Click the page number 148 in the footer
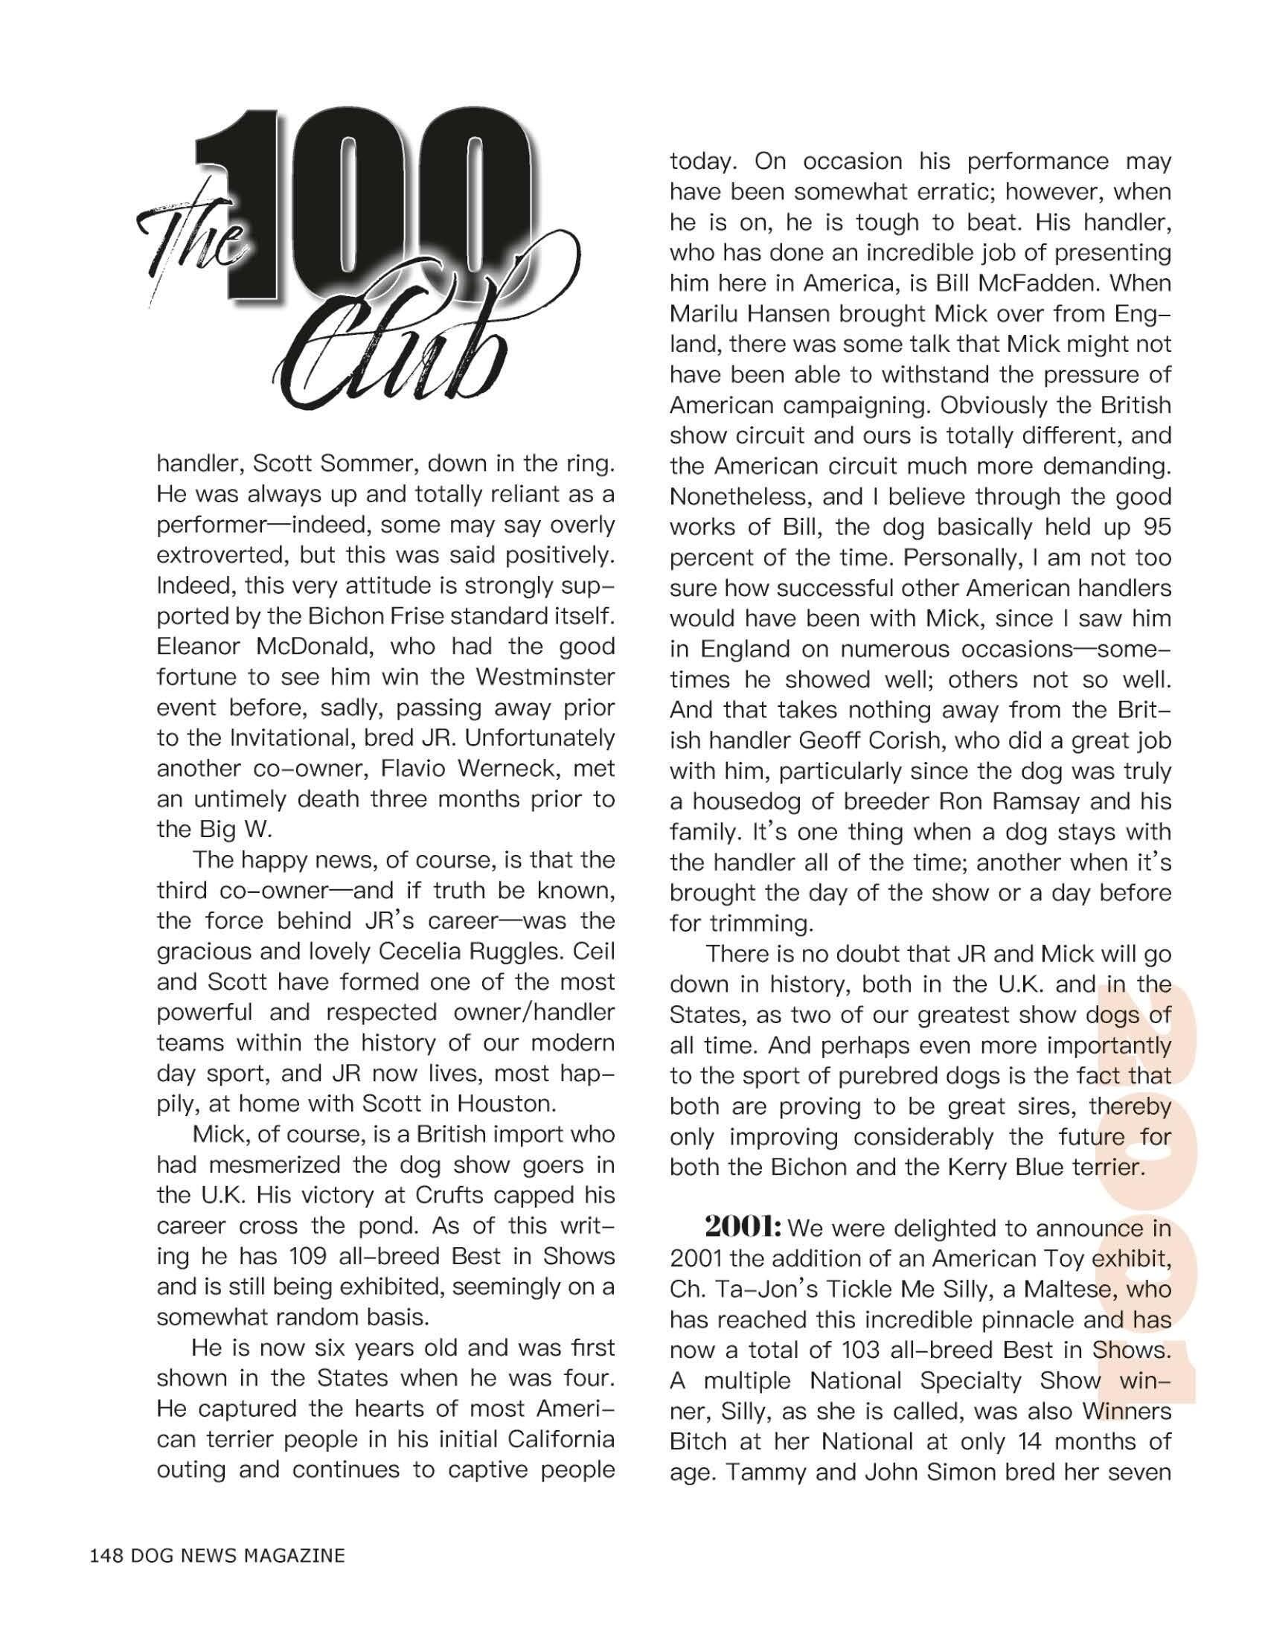pyautogui.click(x=105, y=1556)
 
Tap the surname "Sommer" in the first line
pyautogui.click(x=365, y=464)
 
